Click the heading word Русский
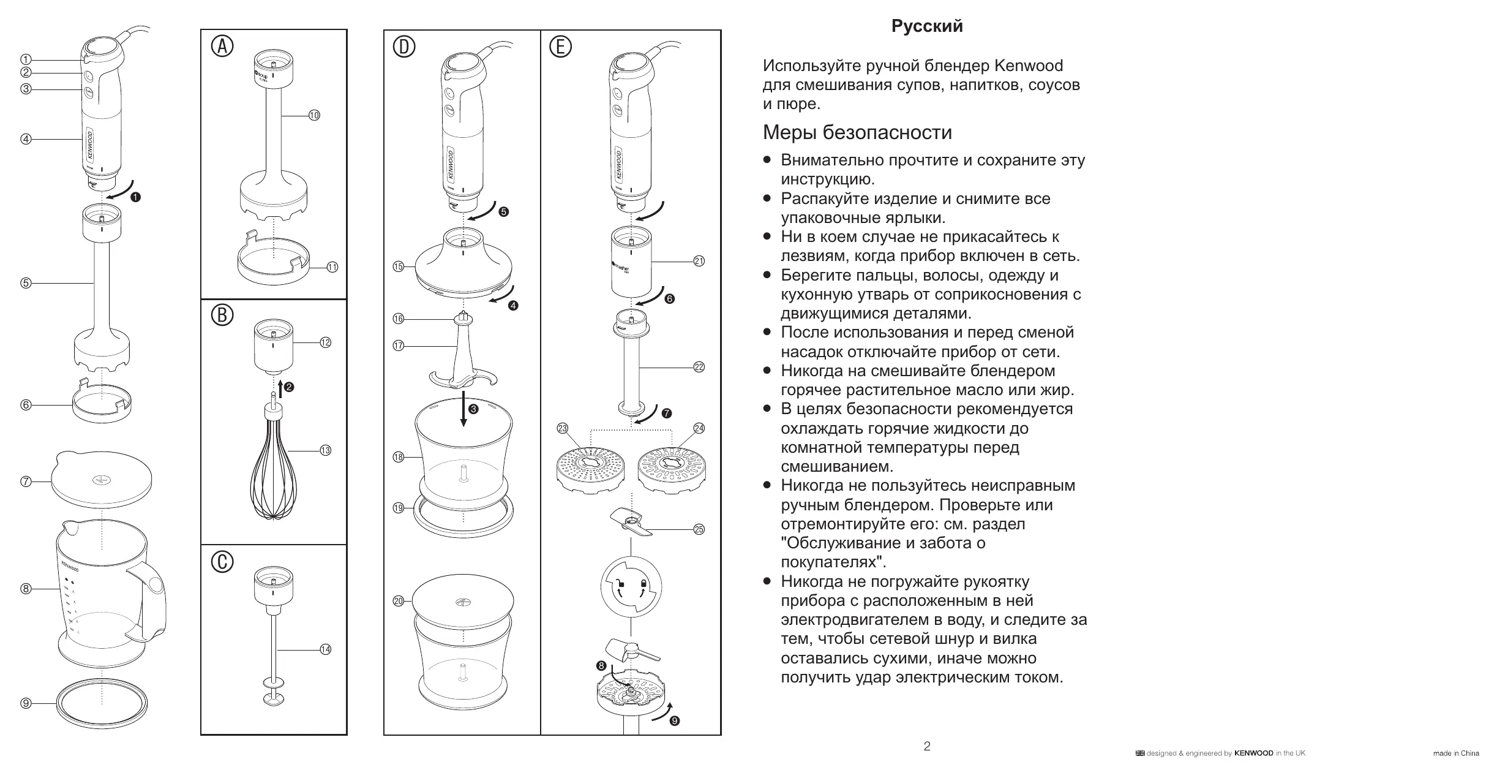927,26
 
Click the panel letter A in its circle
222,47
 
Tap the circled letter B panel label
222,315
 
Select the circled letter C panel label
222,562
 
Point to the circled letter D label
404,47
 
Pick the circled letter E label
560,47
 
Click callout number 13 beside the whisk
325,450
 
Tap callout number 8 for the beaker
26,589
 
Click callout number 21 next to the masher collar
699,261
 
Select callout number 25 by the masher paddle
699,529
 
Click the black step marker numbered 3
473,409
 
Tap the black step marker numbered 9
675,721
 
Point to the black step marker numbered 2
289,387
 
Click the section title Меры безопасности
857,132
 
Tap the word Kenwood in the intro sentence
1028,66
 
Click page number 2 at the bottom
927,746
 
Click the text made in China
1456,754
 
